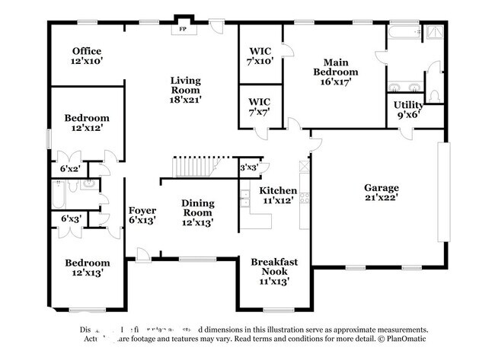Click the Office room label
86,56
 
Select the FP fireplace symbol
183,29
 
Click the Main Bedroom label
336,72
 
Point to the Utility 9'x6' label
408,110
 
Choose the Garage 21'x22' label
381,193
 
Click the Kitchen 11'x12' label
277,195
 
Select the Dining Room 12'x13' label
197,212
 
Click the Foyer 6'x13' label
142,215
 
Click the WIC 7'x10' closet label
260,56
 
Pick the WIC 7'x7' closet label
260,107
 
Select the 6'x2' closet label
70,168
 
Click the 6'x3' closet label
70,219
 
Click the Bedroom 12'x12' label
86,123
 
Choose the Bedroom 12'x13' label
86,266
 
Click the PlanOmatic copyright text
404,339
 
